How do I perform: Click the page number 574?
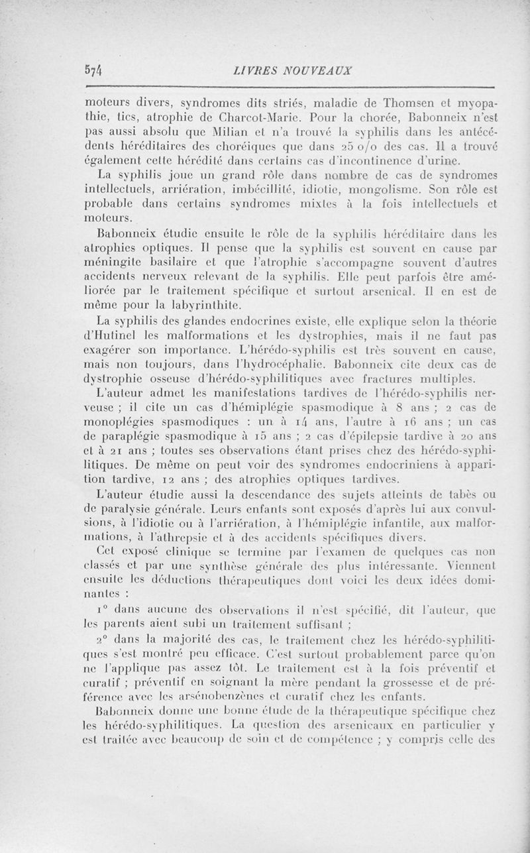click(96, 70)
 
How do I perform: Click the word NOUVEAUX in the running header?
click(317, 70)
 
